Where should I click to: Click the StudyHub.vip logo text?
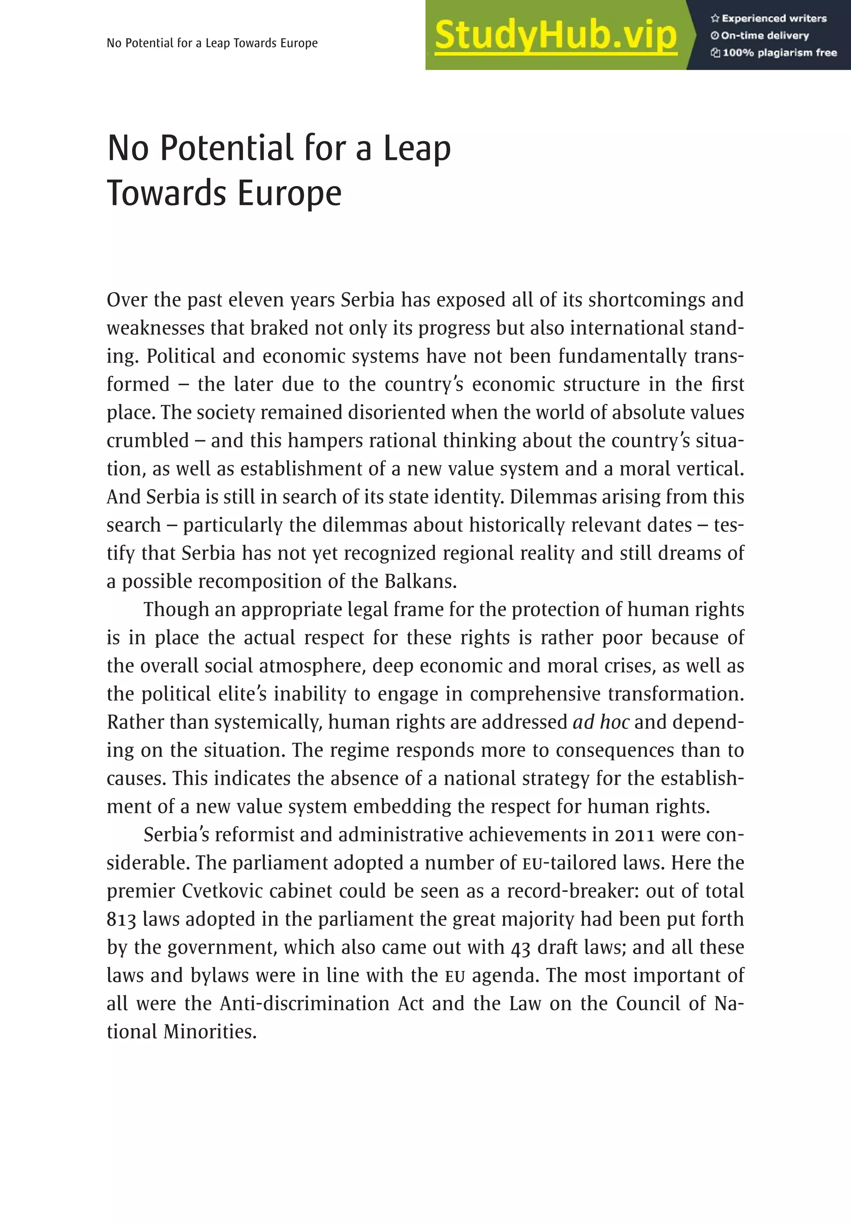(555, 36)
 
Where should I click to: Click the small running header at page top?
(212, 43)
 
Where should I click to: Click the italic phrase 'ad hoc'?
(600, 722)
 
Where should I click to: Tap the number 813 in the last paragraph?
(121, 919)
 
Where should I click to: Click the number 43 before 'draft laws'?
(521, 947)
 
